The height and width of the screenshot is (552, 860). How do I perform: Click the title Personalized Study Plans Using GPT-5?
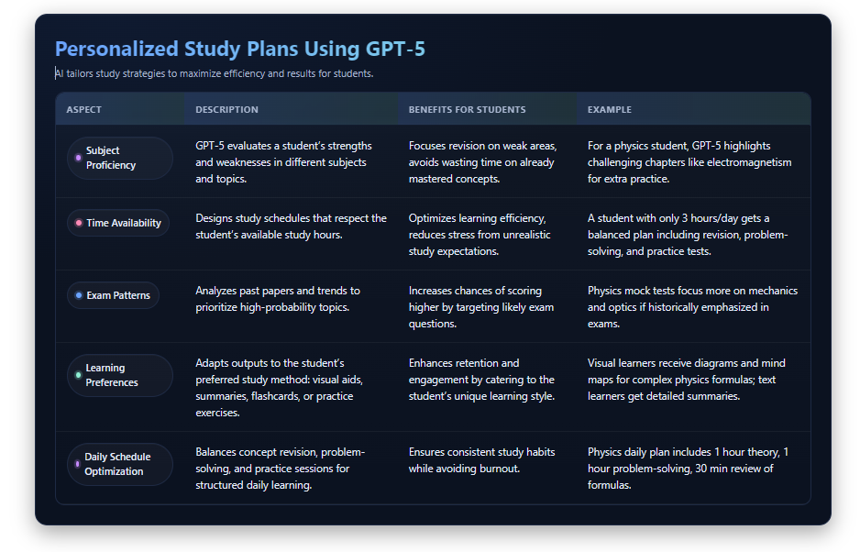(x=239, y=49)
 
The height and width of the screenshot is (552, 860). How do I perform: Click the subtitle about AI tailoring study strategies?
(x=214, y=73)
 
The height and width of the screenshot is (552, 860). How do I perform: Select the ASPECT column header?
(x=84, y=110)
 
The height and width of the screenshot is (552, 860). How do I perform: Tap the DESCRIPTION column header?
(x=226, y=110)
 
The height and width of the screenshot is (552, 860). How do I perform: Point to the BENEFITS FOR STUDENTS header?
(x=467, y=110)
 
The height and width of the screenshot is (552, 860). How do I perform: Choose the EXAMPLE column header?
(x=610, y=110)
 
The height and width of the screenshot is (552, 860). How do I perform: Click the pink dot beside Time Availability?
(x=79, y=223)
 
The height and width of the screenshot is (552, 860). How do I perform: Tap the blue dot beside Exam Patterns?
(x=79, y=295)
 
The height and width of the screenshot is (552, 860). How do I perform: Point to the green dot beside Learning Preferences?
(x=78, y=375)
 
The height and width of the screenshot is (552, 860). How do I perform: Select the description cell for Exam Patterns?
(x=278, y=299)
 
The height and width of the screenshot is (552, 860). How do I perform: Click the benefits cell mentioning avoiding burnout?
(x=481, y=460)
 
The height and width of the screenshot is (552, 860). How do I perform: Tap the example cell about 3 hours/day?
(x=688, y=235)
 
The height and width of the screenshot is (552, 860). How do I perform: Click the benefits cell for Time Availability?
(x=480, y=235)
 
